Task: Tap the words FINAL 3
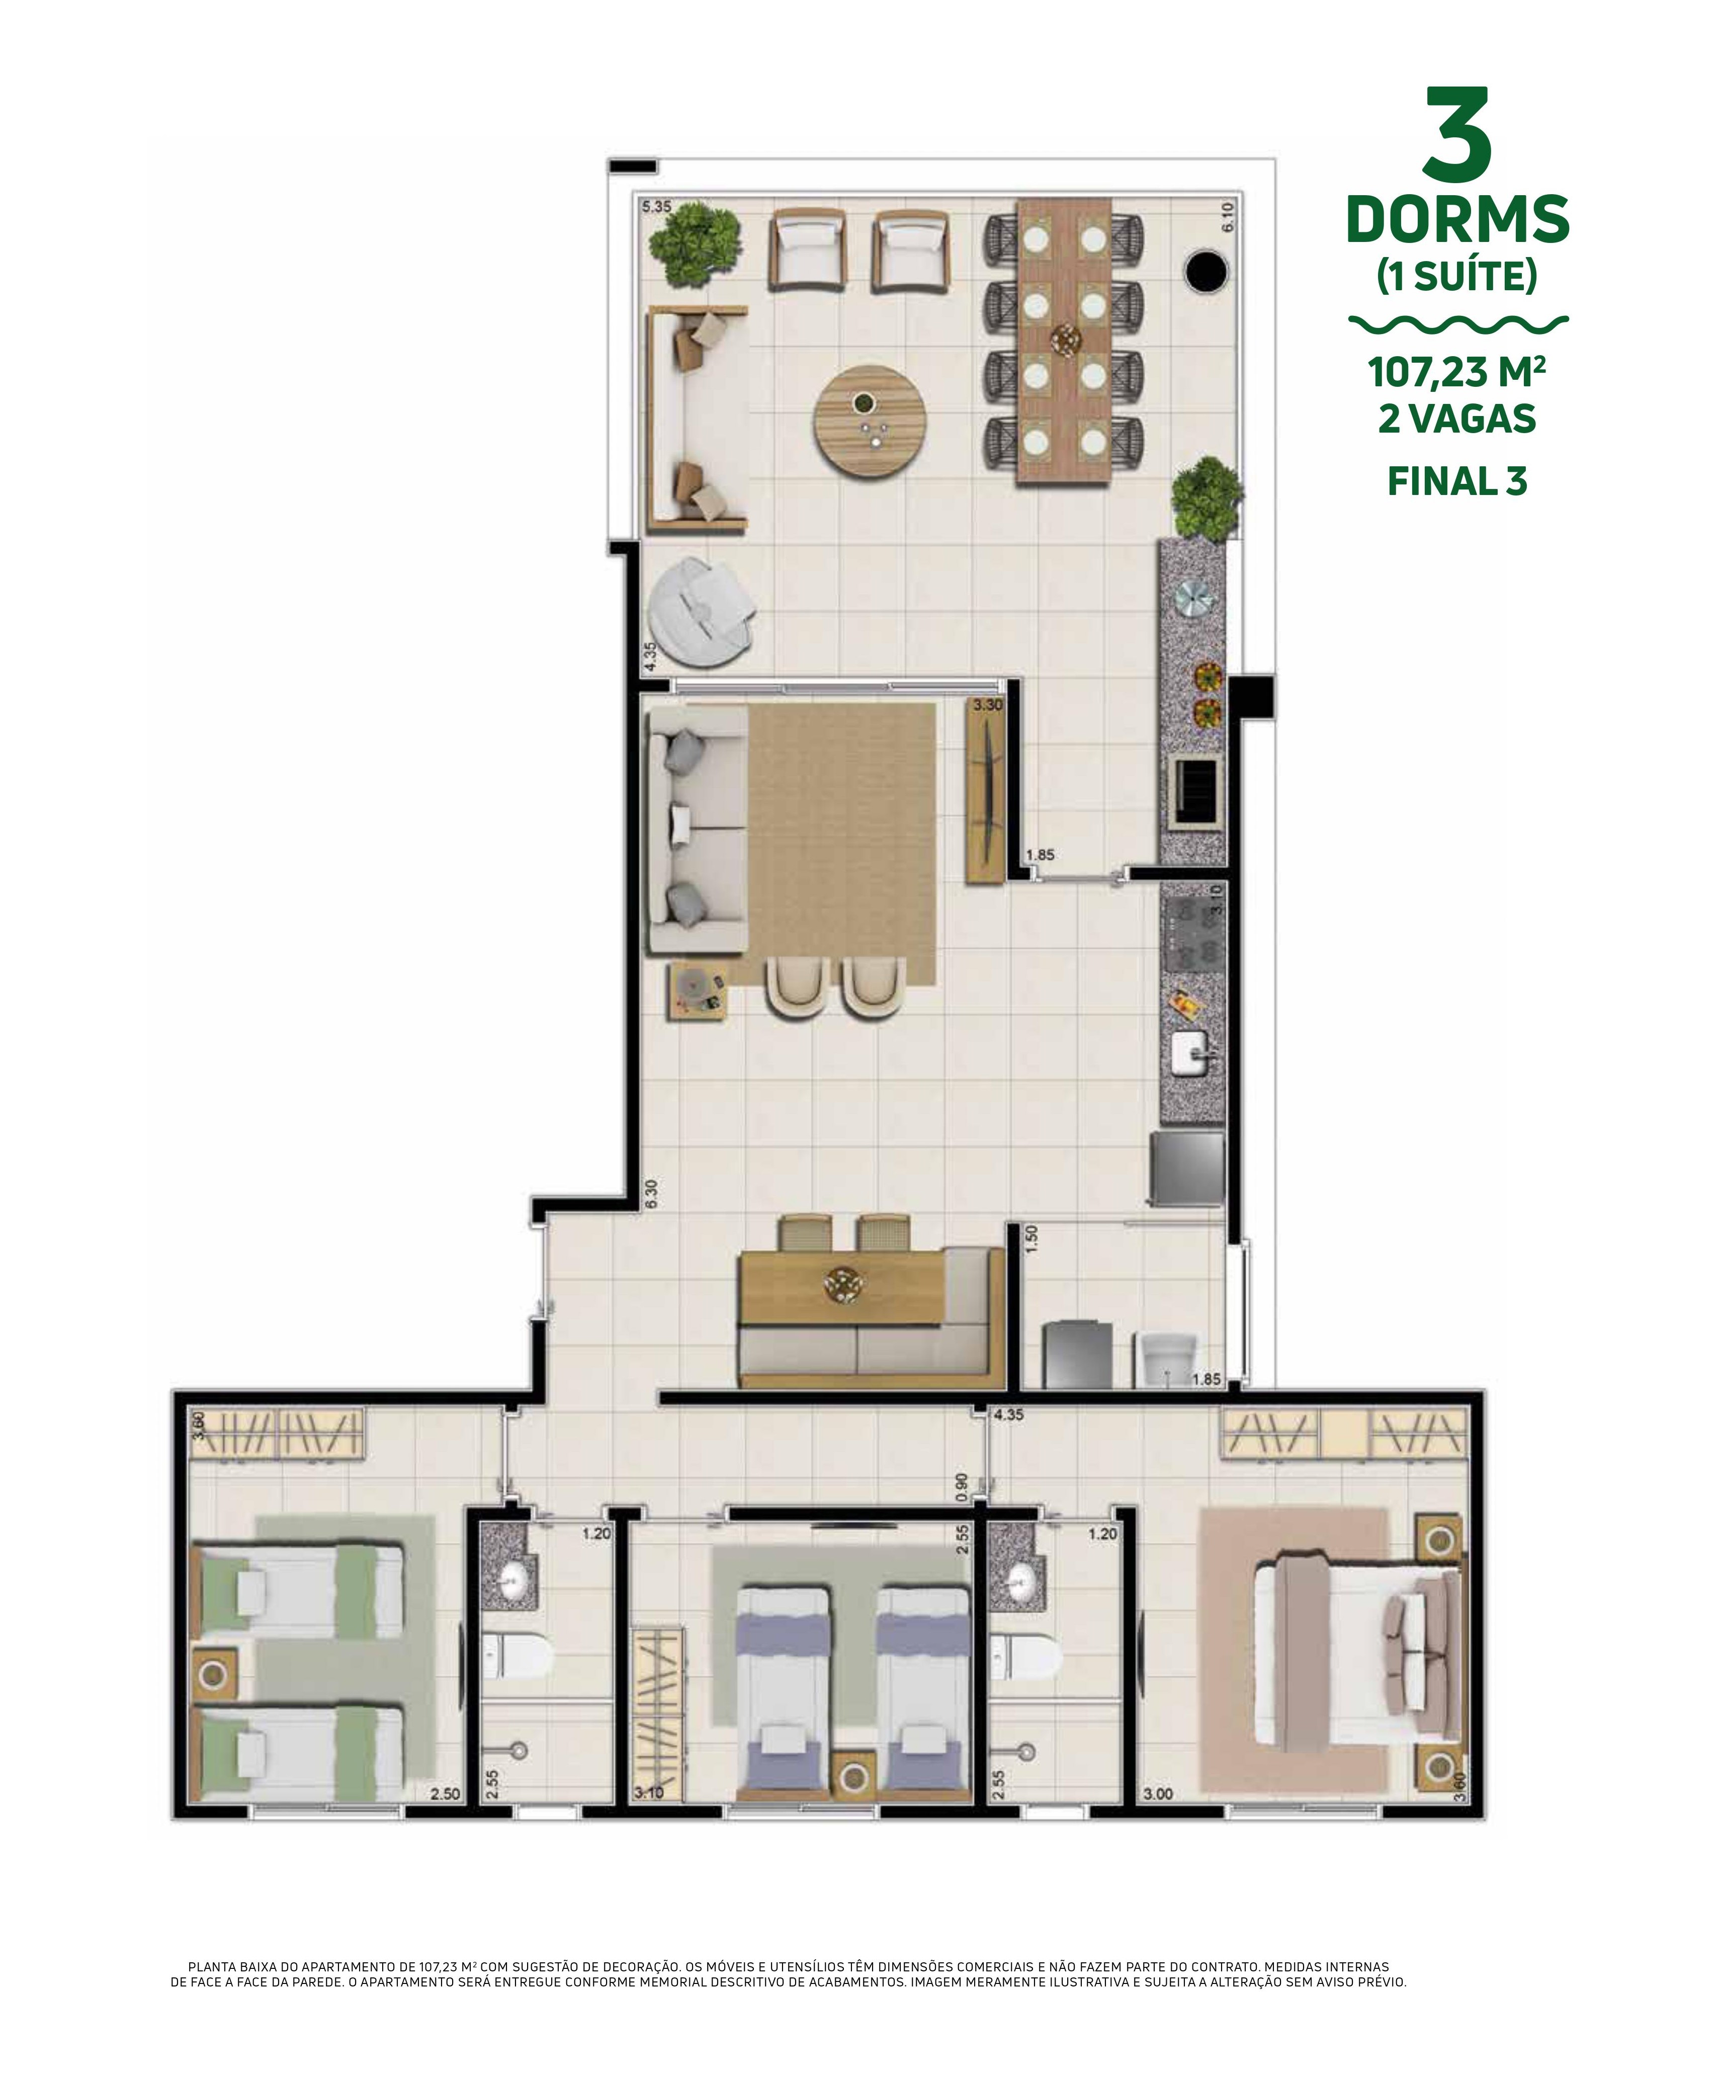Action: (1457, 481)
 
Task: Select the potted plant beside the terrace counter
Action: (1206, 499)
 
